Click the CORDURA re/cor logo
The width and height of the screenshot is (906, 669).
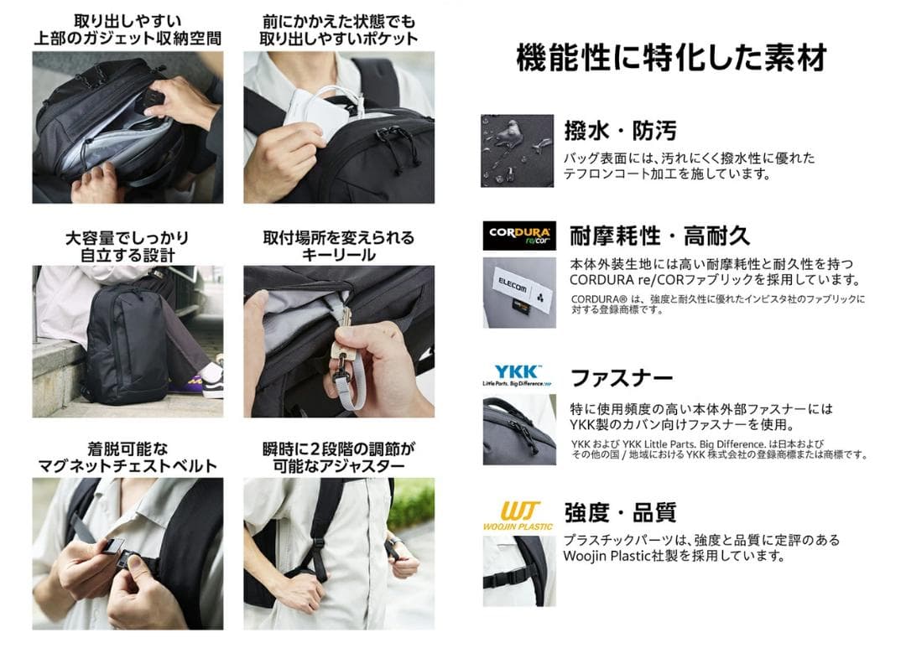518,236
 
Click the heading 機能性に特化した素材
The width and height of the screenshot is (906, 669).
671,58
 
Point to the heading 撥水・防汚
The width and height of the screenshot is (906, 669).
620,130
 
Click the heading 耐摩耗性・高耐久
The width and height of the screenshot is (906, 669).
659,235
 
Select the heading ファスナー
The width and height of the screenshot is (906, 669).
622,377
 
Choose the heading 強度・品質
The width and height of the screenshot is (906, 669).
620,512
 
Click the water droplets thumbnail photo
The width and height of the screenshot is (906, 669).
517,151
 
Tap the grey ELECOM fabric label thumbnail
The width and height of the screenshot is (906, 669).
518,292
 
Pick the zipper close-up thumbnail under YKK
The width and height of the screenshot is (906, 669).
518,430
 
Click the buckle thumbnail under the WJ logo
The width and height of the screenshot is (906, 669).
518,571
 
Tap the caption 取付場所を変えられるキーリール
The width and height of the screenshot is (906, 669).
338,246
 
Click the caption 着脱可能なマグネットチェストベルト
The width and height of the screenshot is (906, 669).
128,457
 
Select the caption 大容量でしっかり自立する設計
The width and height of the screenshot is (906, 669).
128,246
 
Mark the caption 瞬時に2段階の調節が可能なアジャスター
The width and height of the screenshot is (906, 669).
338,457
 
